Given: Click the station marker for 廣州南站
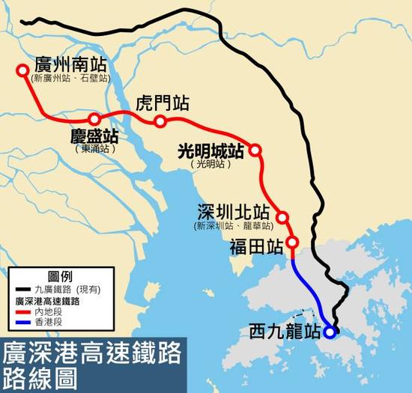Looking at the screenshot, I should [x=21, y=72].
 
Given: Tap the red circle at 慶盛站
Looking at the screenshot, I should [x=94, y=120].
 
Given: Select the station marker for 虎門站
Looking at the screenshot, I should [x=160, y=121].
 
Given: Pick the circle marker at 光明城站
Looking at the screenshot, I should [x=255, y=150].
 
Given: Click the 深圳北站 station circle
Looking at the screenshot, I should [x=282, y=218].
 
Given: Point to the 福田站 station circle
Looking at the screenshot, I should [x=292, y=243].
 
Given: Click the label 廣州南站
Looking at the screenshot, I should [x=71, y=63].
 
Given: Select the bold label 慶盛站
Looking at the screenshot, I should [x=94, y=137].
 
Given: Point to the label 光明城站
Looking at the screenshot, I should [x=210, y=150].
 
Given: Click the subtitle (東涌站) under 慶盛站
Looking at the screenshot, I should [x=94, y=150].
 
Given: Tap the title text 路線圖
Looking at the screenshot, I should [x=37, y=376].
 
